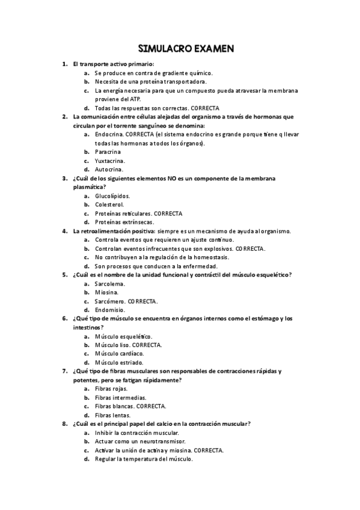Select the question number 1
(x=64, y=64)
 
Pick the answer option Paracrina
(x=108, y=152)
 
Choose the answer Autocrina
(x=109, y=170)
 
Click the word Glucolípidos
(x=112, y=196)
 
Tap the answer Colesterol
(x=109, y=204)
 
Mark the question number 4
(x=64, y=231)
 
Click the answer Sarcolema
(x=109, y=283)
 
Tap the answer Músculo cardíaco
(x=119, y=354)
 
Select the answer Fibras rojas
(x=111, y=389)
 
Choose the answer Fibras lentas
(x=112, y=415)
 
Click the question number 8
(x=64, y=423)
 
